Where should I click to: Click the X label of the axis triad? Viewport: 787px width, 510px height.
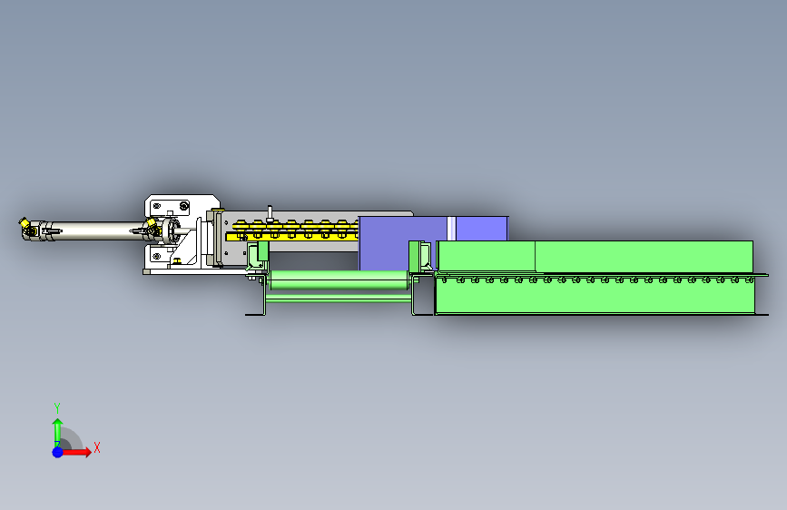point(97,447)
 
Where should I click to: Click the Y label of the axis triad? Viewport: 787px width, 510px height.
point(57,407)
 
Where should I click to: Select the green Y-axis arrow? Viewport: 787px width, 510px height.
point(57,432)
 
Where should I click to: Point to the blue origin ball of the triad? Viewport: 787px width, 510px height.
point(58,452)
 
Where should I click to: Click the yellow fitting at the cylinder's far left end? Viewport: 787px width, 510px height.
point(24,221)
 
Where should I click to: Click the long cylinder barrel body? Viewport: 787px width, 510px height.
point(95,230)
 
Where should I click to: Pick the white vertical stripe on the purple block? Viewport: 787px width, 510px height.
point(451,229)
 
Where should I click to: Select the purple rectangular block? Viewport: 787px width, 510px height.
point(401,242)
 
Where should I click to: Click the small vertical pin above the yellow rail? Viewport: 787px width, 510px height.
point(270,213)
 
